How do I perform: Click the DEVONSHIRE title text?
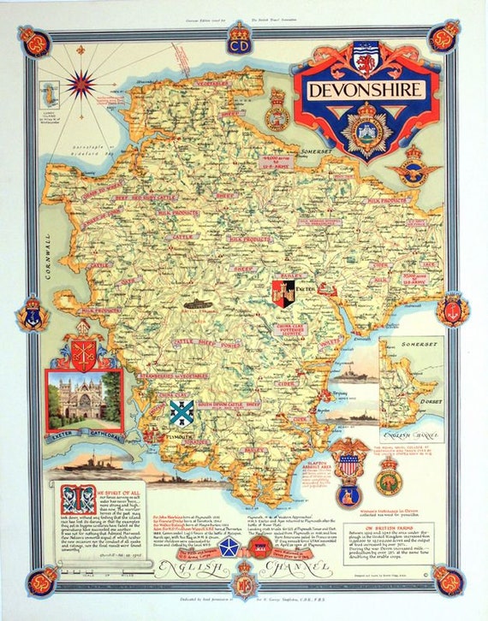(365, 89)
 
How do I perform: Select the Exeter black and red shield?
(283, 293)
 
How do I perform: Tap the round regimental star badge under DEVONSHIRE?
(365, 129)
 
